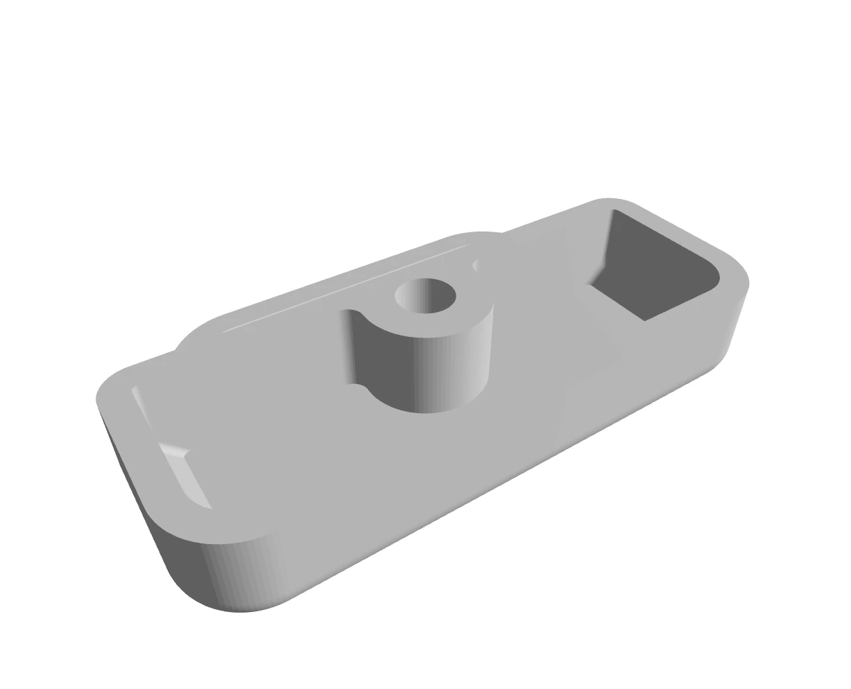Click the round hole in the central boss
point(425,297)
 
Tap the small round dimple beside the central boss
point(476,265)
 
